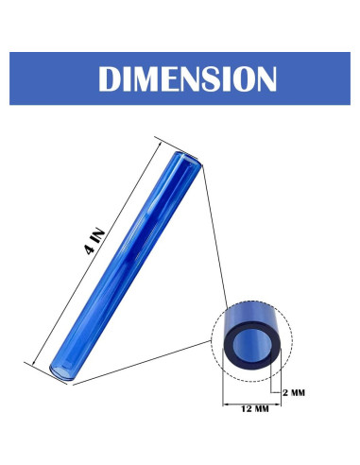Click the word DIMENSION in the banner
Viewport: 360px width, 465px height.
coord(180,78)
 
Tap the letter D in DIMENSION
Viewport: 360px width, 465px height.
coord(113,78)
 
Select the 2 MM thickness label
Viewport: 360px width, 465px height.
coord(297,389)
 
